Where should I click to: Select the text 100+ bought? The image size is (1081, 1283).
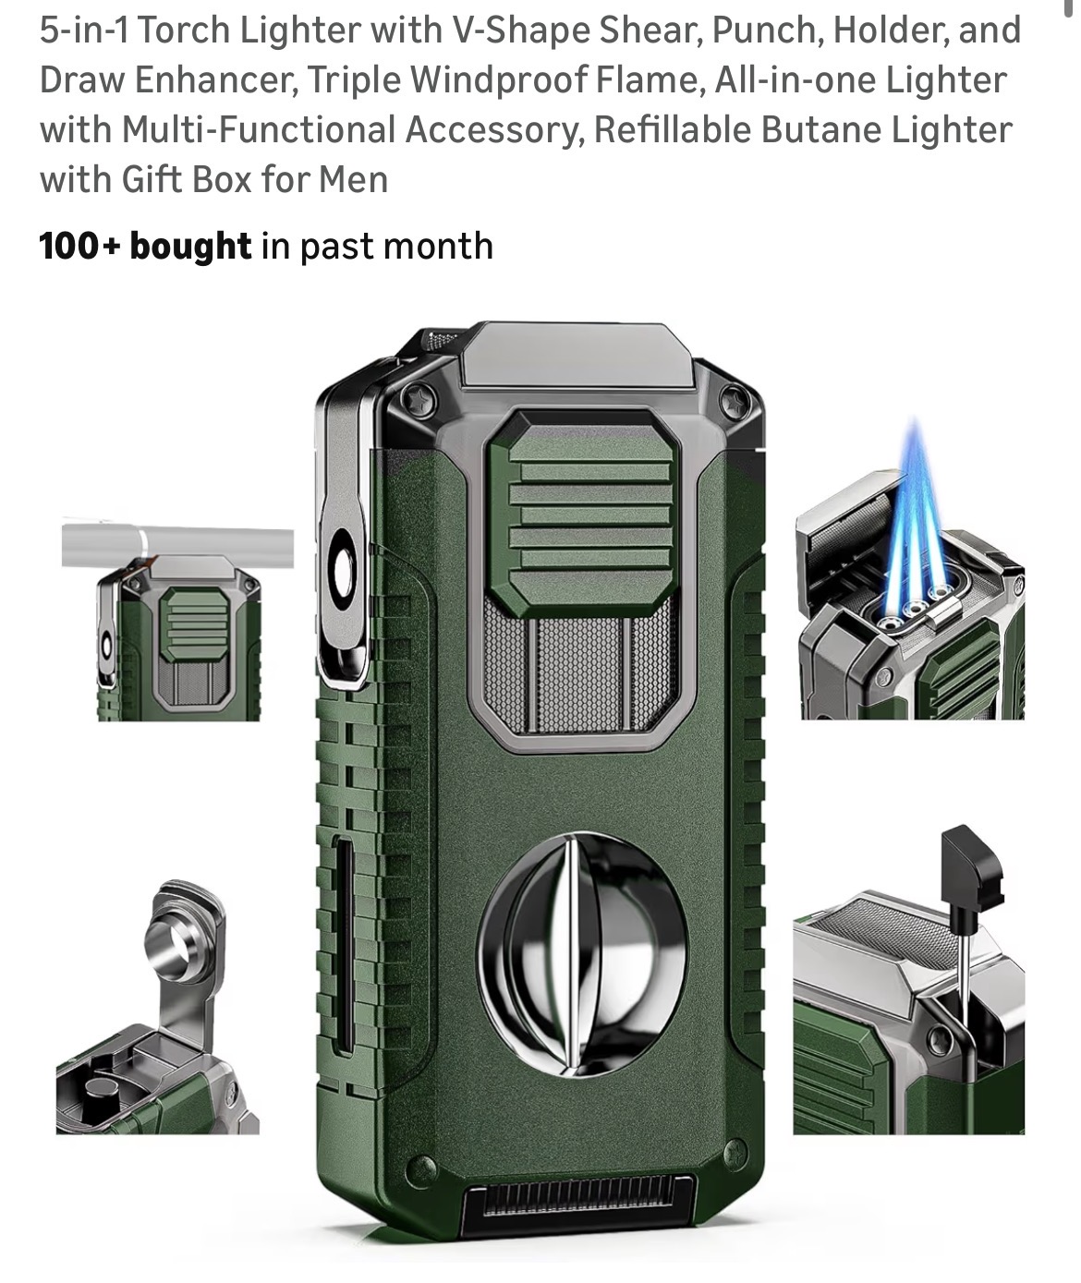[145, 247]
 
